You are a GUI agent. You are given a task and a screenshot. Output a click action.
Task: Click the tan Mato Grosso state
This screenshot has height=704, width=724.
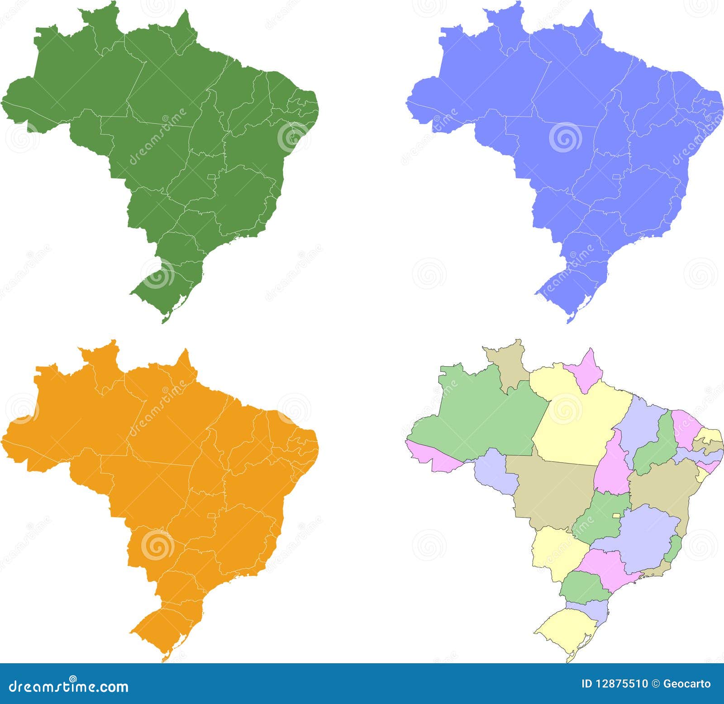(x=552, y=491)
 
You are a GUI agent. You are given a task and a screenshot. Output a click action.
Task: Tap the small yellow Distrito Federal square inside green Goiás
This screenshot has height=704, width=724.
(x=616, y=516)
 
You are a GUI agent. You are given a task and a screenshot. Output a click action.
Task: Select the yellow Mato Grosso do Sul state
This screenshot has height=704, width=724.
(x=557, y=552)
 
